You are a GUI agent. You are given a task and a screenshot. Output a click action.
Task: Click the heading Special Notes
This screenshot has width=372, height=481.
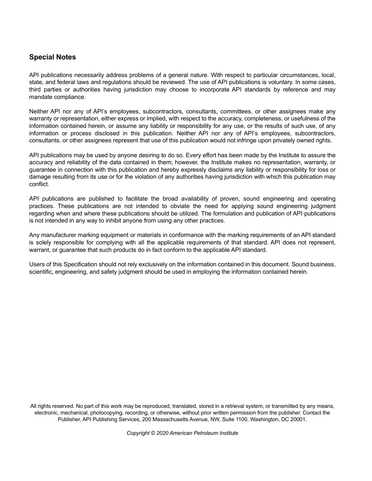pyautogui.click(x=52, y=57)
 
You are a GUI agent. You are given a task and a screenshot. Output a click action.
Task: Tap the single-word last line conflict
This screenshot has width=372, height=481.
pyautogui.click(x=39, y=184)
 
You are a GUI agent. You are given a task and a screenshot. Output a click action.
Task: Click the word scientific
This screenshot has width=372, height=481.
pyautogui.click(x=41, y=272)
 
